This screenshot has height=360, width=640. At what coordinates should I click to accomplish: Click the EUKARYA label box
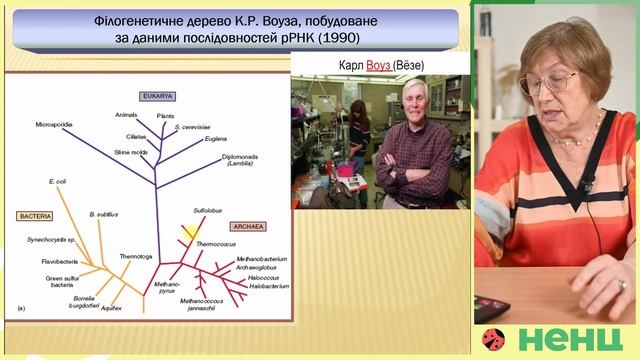tap(157, 96)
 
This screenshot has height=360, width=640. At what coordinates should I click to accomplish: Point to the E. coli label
tap(57, 182)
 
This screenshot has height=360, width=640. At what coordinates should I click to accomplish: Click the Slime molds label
tap(130, 151)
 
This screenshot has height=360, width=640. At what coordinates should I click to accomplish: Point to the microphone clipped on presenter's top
tap(588, 184)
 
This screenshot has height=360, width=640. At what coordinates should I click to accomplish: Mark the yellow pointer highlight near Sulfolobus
tap(188, 234)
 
